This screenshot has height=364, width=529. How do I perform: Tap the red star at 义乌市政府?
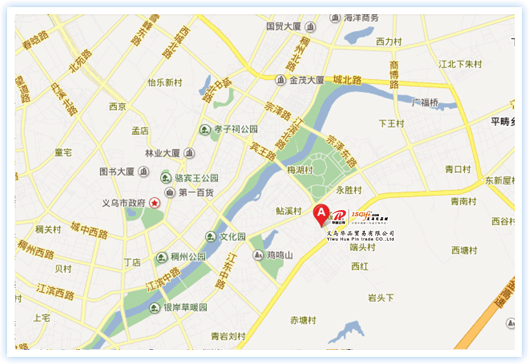155,203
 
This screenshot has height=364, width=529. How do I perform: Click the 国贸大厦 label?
284,27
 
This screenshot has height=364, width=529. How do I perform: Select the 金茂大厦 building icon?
280,80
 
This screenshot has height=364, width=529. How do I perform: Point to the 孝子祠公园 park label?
236,129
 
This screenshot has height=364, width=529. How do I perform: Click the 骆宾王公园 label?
197,178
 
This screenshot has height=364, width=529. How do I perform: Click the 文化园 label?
232,237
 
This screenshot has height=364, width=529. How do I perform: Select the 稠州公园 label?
189,257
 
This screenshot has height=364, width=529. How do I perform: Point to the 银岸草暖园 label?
186,308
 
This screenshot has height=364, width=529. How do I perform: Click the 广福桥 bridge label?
425,103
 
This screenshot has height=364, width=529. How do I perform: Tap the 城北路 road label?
347,79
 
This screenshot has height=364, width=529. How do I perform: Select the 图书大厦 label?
117,172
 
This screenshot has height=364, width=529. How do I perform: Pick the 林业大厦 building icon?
189,153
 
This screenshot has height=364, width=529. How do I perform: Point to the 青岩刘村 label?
228,336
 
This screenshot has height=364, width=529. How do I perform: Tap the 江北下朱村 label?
460,64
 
